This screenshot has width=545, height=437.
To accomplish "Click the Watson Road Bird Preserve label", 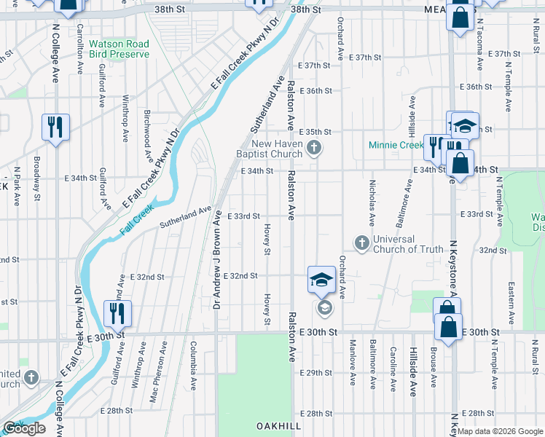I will (x=119, y=49).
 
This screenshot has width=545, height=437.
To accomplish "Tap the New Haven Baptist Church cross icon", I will (x=314, y=149).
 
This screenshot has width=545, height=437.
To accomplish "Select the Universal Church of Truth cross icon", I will (x=361, y=242).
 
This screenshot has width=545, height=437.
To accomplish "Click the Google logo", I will (x=24, y=428).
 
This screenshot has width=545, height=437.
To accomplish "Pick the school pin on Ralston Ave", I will (x=321, y=280).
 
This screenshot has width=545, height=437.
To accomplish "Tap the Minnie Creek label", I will (x=396, y=145).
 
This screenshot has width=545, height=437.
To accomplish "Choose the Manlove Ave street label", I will (x=353, y=363).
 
